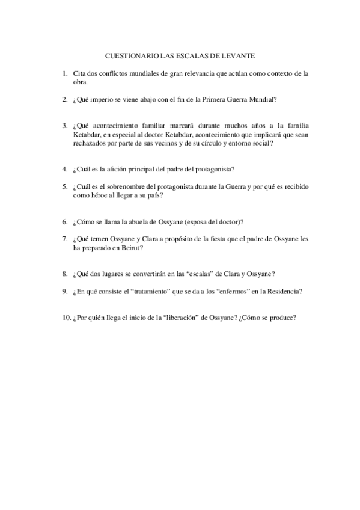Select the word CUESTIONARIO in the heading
coord(131,56)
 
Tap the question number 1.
coord(64,73)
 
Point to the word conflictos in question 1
coord(112,73)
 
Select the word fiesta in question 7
coord(225,239)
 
